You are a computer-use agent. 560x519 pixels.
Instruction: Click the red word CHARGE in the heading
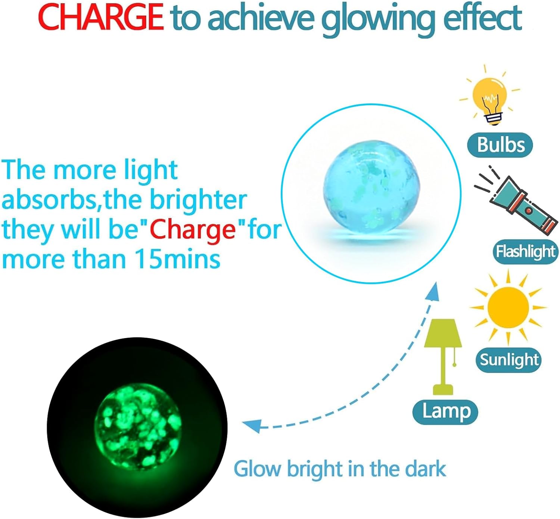click(101, 18)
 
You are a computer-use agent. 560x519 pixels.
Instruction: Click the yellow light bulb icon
click(490, 96)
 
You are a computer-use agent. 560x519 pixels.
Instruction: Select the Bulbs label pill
click(500, 145)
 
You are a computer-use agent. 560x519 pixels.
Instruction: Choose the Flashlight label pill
click(526, 251)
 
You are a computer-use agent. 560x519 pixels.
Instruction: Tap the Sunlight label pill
click(508, 360)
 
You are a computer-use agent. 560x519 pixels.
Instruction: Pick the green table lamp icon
click(443, 357)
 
